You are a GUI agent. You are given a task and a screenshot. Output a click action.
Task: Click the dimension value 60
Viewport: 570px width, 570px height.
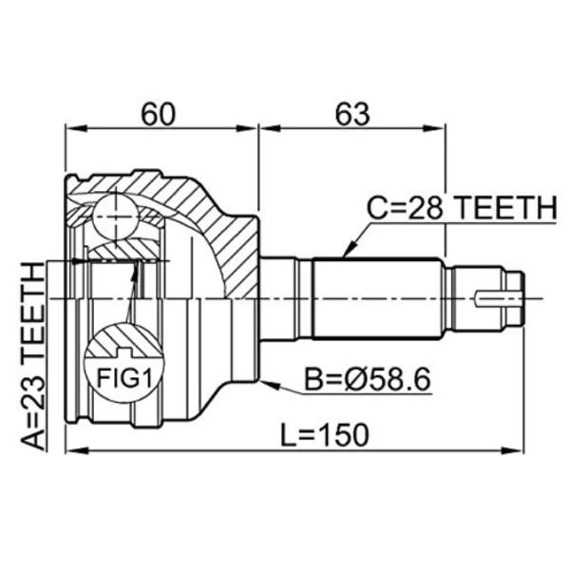pyautogui.click(x=158, y=114)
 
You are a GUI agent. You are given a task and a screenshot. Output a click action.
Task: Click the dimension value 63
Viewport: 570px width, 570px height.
pyautogui.click(x=351, y=114)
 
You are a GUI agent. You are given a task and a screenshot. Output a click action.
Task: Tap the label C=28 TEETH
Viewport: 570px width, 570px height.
pyautogui.click(x=462, y=208)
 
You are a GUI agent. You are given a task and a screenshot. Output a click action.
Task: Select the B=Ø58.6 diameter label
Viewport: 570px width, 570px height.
pyautogui.click(x=367, y=379)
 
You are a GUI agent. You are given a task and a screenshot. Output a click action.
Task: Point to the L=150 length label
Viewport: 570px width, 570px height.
pyautogui.click(x=325, y=435)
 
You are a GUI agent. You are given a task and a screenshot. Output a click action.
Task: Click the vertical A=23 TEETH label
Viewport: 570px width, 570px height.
pyautogui.click(x=32, y=356)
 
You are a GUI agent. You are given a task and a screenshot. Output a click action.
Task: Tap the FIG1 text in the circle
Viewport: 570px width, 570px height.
pyautogui.click(x=123, y=377)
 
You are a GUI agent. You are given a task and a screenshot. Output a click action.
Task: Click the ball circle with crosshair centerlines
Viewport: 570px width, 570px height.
pyautogui.click(x=116, y=217)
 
